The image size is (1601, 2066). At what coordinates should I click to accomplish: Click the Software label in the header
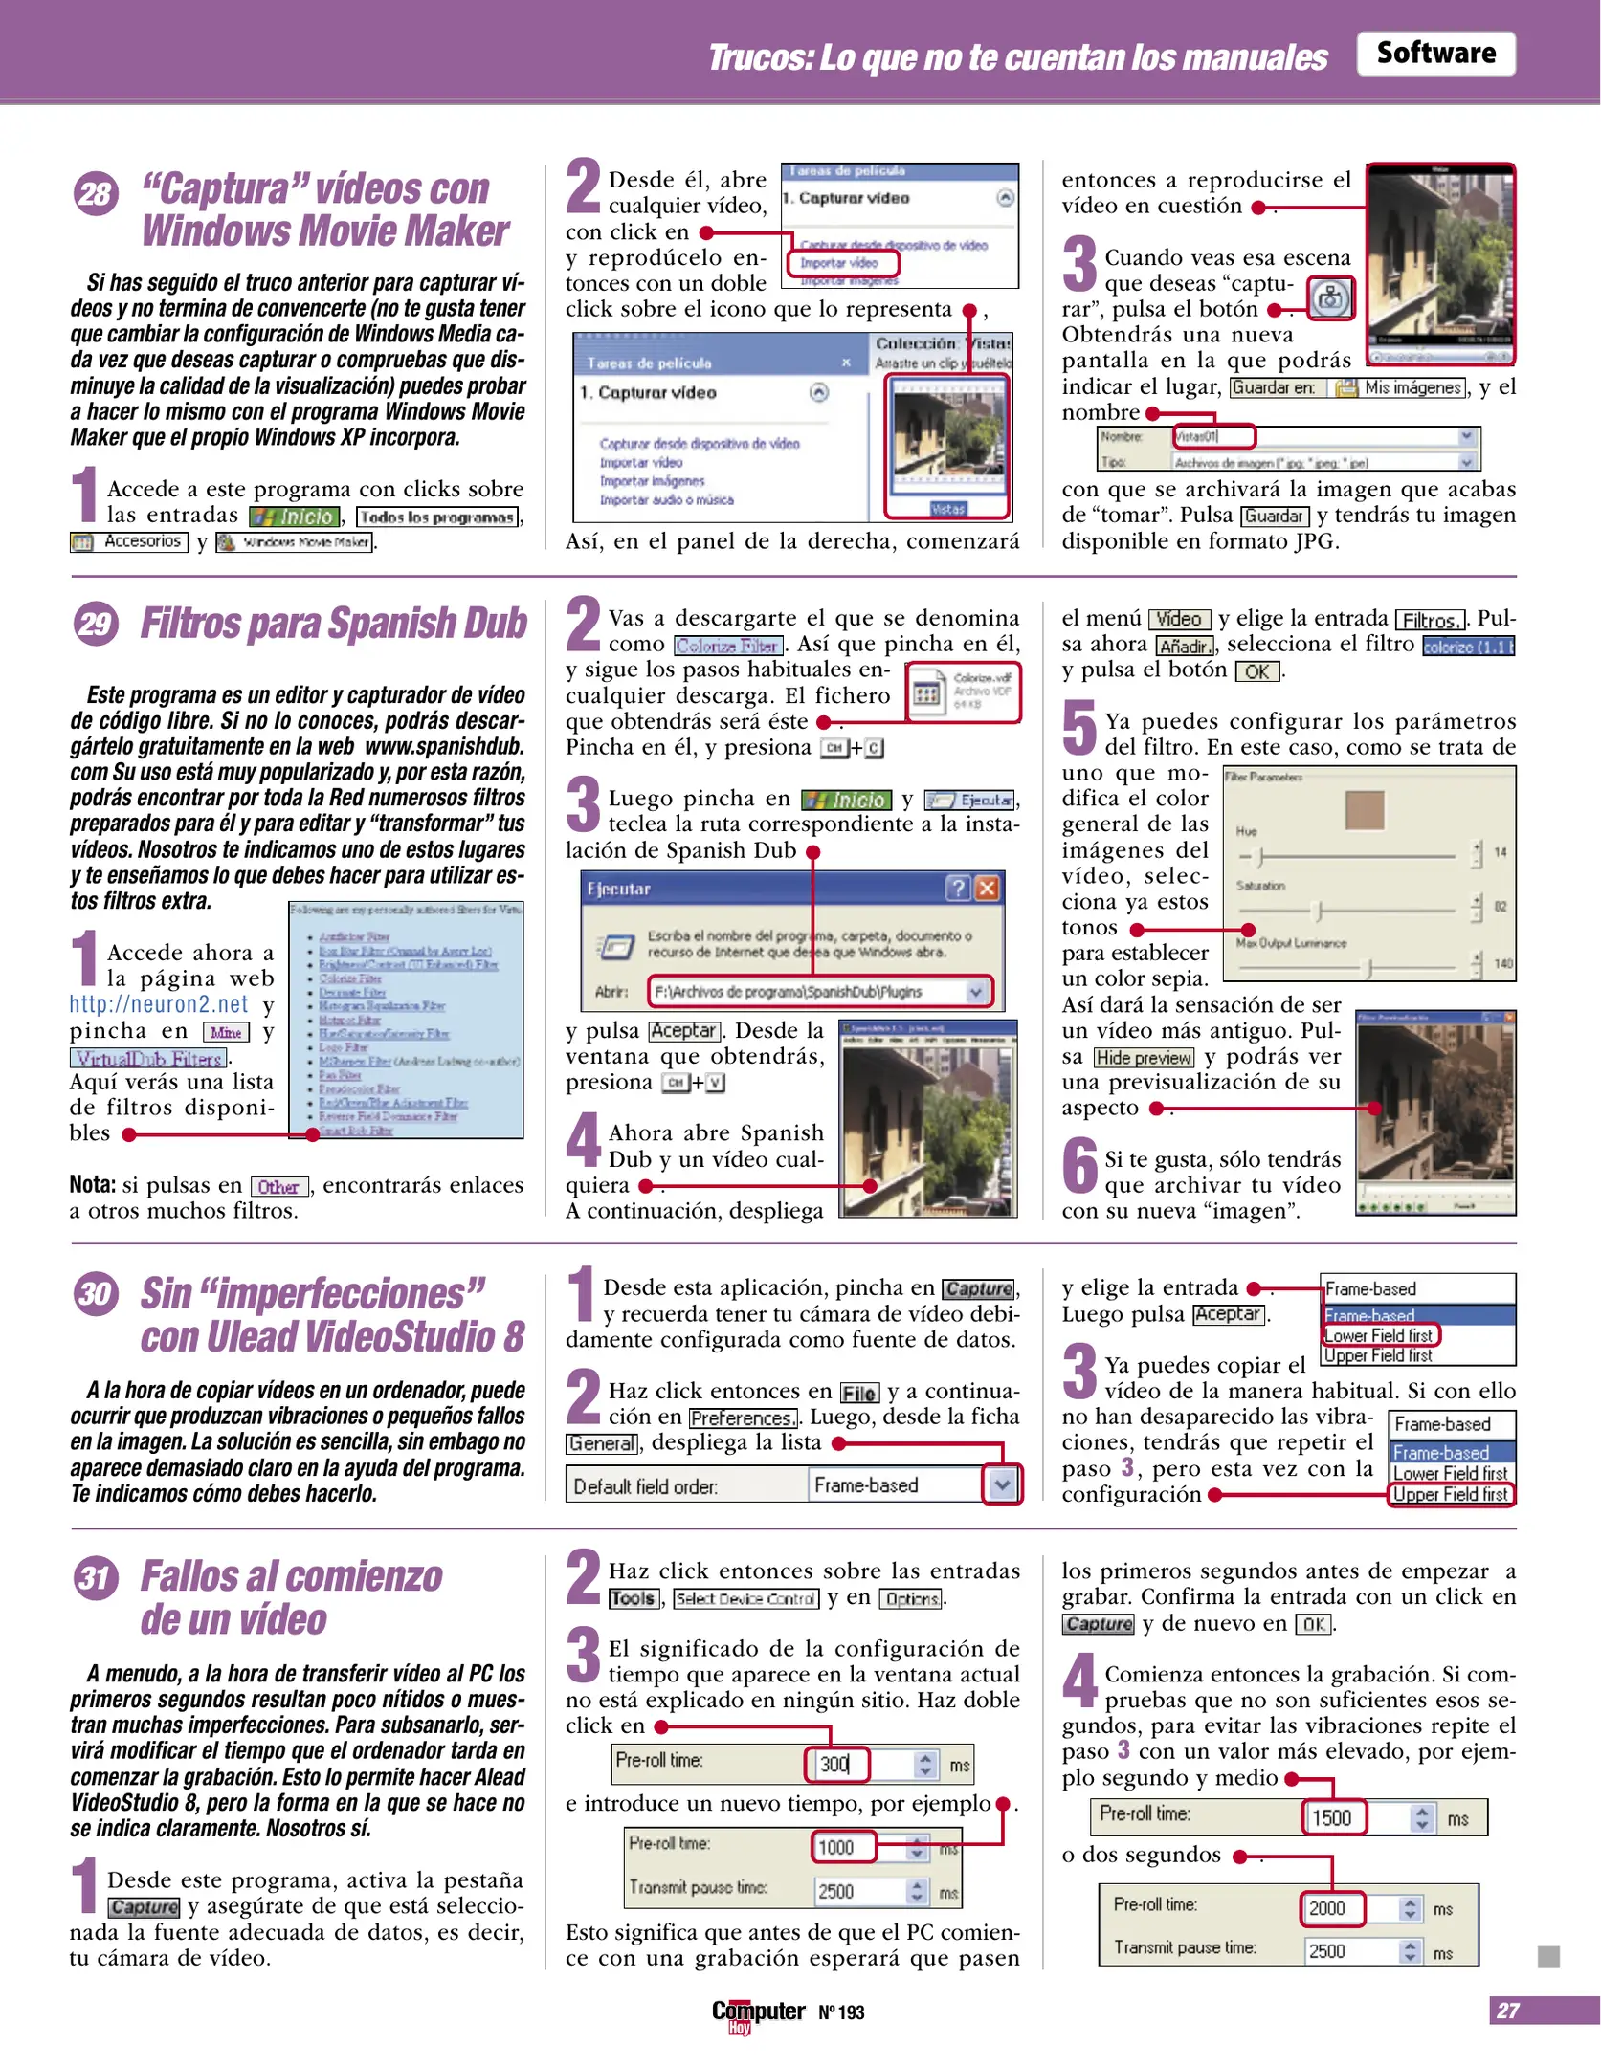[1434, 53]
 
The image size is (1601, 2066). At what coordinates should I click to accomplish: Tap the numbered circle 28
[95, 193]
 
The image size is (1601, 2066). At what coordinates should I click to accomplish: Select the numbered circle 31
[95, 1576]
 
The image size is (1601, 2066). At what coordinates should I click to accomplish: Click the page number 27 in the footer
[1508, 2010]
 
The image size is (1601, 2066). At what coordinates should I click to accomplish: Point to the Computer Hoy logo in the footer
[758, 2012]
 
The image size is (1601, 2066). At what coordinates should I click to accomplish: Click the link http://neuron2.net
[158, 1003]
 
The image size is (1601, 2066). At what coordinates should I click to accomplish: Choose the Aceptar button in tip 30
[1229, 1314]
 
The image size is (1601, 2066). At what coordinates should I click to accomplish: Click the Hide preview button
[1144, 1057]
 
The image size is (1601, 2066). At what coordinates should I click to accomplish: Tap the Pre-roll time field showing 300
[836, 1764]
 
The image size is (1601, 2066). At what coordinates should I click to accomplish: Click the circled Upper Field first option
[1450, 1494]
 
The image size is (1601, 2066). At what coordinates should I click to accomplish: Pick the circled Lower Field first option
[1379, 1335]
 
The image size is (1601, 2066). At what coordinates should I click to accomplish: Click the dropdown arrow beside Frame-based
[1001, 1485]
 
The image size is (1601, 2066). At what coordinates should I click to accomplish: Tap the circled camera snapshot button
[1330, 299]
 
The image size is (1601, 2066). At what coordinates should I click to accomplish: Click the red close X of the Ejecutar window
[987, 889]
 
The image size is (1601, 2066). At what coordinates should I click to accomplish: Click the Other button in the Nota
[278, 1187]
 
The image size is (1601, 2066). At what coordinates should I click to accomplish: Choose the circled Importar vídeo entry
[839, 262]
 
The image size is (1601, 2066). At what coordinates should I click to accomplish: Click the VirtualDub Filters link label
[148, 1058]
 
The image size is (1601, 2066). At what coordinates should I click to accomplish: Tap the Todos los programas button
[437, 517]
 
